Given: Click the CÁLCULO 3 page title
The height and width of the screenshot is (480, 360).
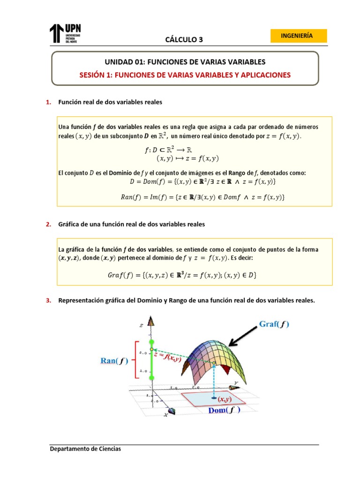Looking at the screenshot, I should tap(184, 40).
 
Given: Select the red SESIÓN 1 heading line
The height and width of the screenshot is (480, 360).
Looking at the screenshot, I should tap(184, 75).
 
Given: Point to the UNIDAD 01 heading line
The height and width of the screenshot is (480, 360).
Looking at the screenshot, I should tap(184, 62).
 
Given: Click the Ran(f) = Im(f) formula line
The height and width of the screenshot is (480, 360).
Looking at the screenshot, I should tap(202, 197).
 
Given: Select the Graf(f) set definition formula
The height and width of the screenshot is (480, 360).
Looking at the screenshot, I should tap(182, 275).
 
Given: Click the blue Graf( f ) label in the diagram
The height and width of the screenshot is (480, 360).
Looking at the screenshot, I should tap(274, 324).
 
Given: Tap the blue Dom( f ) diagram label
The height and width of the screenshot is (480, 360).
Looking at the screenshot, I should tap(224, 410).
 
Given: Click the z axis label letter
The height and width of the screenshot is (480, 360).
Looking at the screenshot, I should tap(141, 324).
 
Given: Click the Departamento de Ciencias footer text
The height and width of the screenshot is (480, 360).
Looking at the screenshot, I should tap(86, 449).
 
